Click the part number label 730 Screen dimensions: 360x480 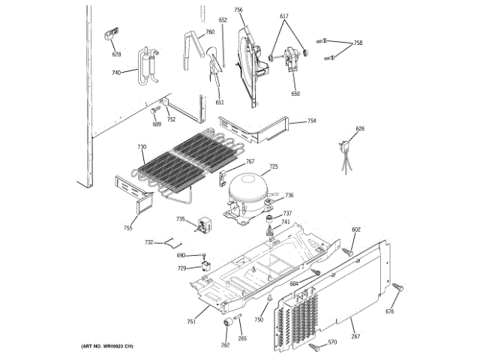tap(142, 147)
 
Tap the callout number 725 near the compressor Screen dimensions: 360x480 tap(274, 166)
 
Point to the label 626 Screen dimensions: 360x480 tap(360, 129)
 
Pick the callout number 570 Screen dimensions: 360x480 tap(333, 343)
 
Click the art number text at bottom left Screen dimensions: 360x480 tap(106, 346)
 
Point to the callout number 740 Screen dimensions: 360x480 tap(116, 73)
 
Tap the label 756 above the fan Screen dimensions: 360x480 tap(238, 10)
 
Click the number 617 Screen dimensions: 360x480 tap(284, 16)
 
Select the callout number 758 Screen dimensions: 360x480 tap(358, 43)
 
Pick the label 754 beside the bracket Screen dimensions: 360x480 tap(311, 121)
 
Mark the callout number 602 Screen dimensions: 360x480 tap(356, 229)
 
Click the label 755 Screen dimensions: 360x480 tap(128, 227)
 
